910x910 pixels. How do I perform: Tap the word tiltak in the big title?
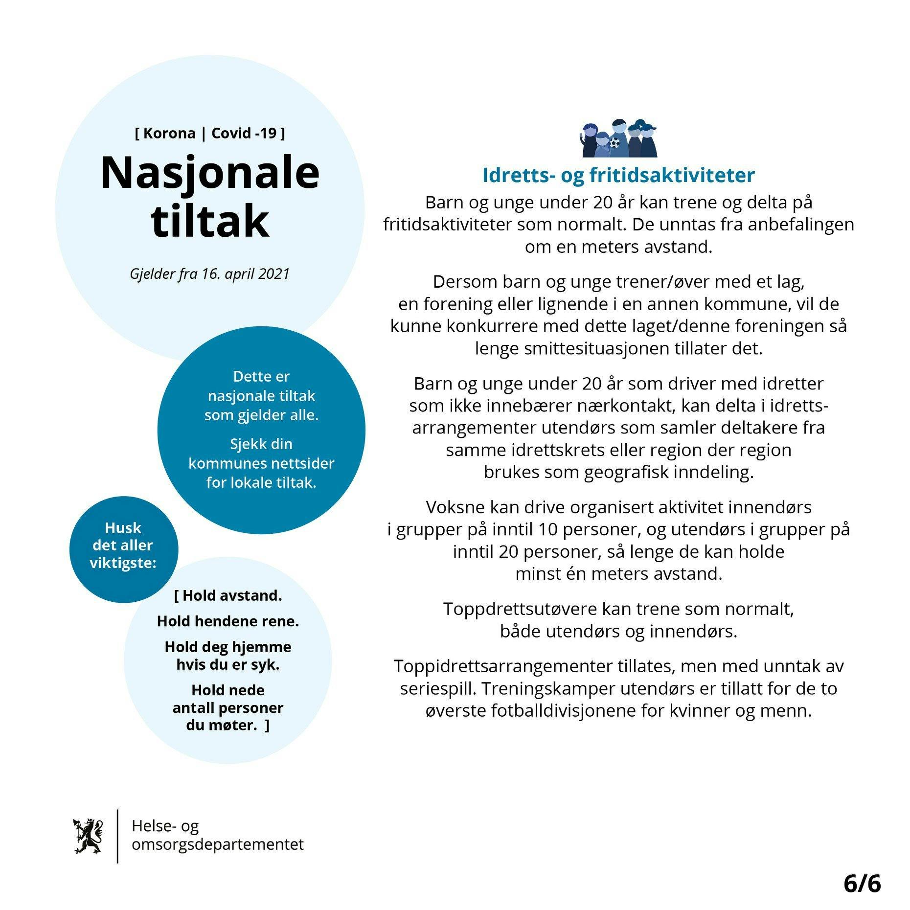tap(210, 221)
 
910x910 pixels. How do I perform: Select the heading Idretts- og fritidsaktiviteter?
tap(618, 175)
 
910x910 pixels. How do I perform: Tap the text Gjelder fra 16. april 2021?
tap(210, 273)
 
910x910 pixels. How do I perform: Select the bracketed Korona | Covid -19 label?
tap(210, 133)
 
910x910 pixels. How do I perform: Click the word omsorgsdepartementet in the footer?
tap(218, 844)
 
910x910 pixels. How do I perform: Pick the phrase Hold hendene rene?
tap(228, 621)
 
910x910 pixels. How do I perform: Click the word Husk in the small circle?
tap(123, 528)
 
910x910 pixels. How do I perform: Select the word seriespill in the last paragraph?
tap(438, 688)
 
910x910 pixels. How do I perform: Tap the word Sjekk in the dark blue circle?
tap(247, 444)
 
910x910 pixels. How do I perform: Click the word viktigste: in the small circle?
tap(123, 563)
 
